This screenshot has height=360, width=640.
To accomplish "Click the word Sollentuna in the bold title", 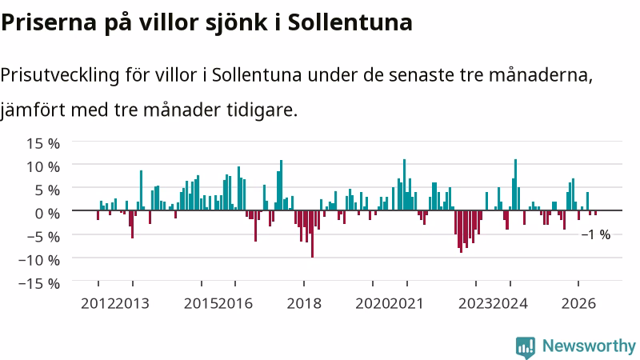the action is point(350,22).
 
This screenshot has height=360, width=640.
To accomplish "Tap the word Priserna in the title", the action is point(49,22).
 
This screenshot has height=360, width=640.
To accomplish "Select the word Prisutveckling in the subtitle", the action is point(60,75).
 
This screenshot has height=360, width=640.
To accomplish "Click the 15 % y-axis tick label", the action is point(43,143).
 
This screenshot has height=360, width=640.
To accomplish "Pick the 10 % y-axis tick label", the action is point(43,166).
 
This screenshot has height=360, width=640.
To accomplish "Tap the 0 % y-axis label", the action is point(47,213).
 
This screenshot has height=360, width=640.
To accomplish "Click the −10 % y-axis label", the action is point(39,260).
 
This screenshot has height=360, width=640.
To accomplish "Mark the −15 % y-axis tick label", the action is point(39,283).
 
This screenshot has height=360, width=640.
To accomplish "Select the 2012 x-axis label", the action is point(98,304).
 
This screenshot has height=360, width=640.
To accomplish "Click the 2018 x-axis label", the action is point(304,304).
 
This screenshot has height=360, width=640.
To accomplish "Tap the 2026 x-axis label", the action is point(578,304).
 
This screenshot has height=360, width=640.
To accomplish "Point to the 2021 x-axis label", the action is point(406,304).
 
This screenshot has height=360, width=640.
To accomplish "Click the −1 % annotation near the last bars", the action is point(596,234).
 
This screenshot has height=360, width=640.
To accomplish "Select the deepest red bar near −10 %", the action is point(312,234).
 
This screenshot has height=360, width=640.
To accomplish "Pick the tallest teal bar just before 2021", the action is point(405,185).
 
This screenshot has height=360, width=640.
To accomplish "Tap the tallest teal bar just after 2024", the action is point(515,185).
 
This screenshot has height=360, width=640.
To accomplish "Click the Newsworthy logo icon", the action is point(526,348).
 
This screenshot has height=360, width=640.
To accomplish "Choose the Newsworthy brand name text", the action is point(589,346).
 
